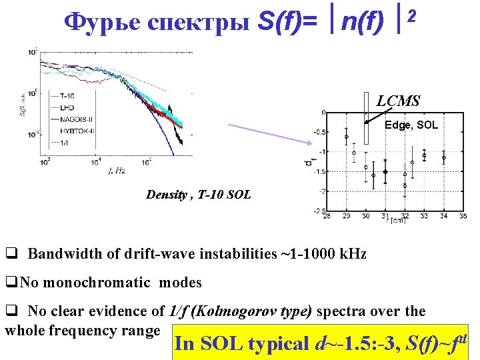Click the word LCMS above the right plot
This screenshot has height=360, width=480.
point(398,101)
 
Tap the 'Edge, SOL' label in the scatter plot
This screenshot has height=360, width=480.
point(411,125)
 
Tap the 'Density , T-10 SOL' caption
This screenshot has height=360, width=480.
point(199,195)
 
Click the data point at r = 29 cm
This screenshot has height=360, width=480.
point(347,137)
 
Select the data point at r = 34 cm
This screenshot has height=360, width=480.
point(444,158)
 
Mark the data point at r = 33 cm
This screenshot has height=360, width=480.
point(424,155)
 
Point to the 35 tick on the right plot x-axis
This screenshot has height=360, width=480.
point(463,216)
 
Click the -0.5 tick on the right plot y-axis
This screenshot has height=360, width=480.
point(321,131)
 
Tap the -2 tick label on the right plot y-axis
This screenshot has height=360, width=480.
point(322,191)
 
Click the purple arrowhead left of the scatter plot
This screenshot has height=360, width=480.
point(312,141)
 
